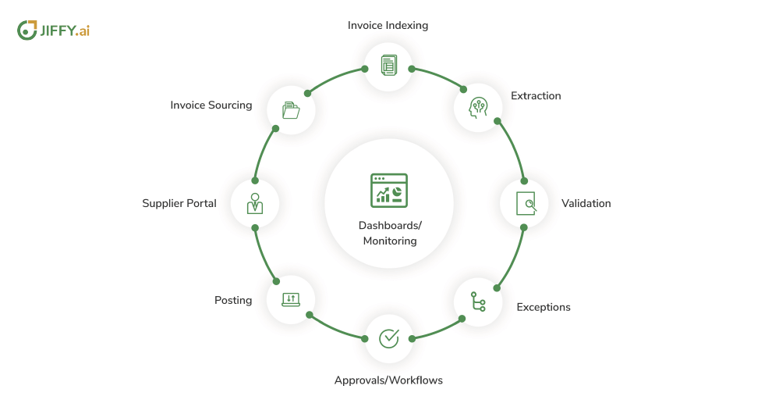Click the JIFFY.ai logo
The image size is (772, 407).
click(54, 30)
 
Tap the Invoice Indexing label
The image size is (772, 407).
click(388, 25)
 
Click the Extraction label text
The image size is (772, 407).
click(536, 96)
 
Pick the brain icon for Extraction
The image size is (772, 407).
click(477, 107)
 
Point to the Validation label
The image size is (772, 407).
click(586, 204)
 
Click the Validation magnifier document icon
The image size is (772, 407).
click(526, 203)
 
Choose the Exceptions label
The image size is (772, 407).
click(544, 308)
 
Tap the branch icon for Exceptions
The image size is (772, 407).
click(477, 302)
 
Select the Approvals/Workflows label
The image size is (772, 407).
click(388, 380)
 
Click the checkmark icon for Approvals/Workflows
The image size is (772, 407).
click(388, 338)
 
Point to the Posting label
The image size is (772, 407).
click(233, 300)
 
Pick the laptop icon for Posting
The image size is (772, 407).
click(290, 299)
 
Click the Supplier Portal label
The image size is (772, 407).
click(179, 204)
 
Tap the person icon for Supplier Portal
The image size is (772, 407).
click(254, 203)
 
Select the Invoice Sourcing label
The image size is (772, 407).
click(211, 105)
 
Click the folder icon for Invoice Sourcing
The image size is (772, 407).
click(291, 109)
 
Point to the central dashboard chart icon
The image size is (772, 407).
click(388, 189)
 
